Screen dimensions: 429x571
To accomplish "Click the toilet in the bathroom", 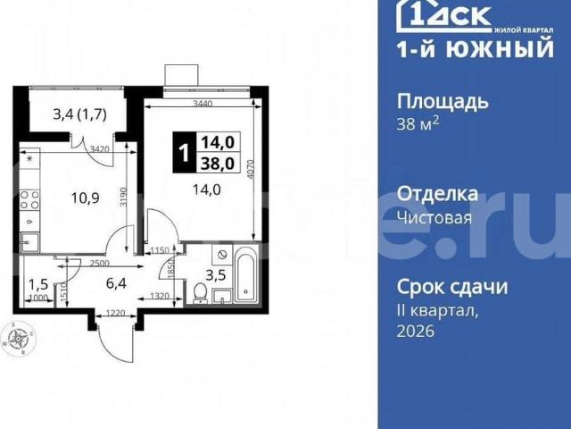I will [203, 293].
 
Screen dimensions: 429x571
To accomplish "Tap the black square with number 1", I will [184, 153].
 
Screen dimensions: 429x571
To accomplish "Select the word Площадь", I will [443, 100].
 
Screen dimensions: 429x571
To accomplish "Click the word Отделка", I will [437, 194].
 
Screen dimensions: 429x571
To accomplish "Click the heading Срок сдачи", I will [452, 287].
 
